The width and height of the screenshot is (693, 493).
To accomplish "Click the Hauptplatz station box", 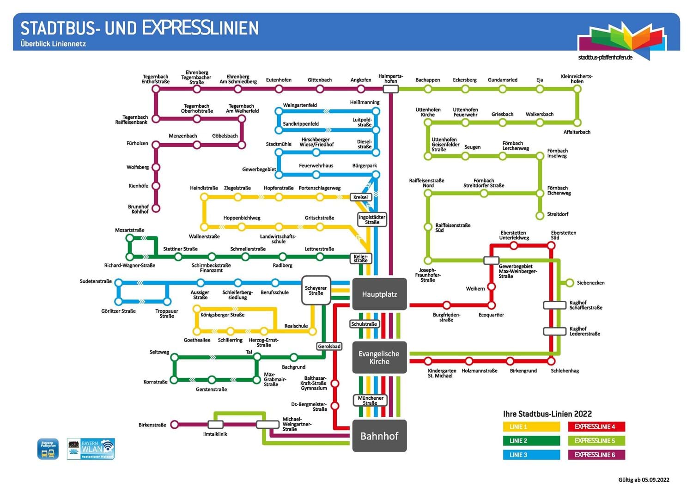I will click(379, 294).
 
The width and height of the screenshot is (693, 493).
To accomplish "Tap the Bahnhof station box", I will click(379, 436).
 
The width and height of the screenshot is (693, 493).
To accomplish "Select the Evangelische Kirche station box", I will click(379, 357).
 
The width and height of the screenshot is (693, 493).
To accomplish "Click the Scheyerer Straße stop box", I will click(316, 291).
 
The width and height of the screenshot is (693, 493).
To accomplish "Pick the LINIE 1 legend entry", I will click(531, 427).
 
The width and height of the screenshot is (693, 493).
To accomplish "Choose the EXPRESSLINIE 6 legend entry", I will click(596, 455).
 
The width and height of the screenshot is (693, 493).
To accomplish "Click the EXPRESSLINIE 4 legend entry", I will click(596, 427).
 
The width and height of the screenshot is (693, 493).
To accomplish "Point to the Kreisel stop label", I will click(360, 197).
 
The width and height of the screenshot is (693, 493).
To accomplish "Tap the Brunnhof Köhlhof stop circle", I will click(156, 208).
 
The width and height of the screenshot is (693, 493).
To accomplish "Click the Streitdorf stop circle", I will click(540, 215).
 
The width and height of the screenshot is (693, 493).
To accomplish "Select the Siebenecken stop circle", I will click(570, 283).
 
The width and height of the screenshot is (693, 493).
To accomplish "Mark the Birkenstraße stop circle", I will click(175, 425).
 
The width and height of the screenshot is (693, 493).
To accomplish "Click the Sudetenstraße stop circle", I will click(119, 282).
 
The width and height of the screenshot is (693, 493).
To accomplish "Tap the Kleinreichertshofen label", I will click(577, 79).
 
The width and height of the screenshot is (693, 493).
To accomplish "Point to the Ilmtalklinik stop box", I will click(215, 425).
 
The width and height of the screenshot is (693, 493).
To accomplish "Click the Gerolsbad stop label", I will click(329, 346).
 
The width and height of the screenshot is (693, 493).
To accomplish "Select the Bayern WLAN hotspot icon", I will click(91, 449).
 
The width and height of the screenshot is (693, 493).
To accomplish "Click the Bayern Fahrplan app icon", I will click(48, 449).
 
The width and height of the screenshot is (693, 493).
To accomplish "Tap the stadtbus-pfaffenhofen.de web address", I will click(605, 57).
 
